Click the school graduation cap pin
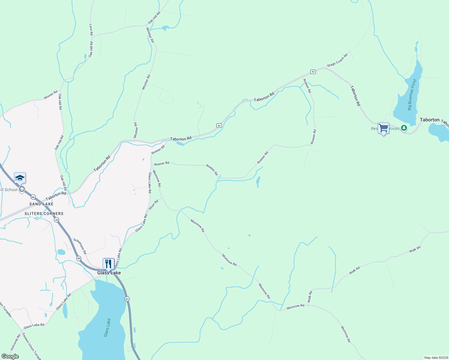[20, 178]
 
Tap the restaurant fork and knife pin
[108, 264]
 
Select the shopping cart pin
[383, 128]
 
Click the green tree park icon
[404, 128]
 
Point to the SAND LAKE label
[41, 204]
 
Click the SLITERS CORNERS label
[44, 214]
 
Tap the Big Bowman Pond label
[412, 95]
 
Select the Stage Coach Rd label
[337, 60]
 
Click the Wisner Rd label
[50, 95]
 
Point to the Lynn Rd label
[91, 30]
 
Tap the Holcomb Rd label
[15, 342]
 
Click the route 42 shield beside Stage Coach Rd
[313, 72]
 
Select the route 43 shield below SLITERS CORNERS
[57, 220]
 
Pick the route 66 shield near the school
[33, 197]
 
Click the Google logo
[10, 356]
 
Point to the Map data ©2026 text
[436, 358]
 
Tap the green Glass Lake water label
[107, 328]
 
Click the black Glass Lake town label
[109, 273]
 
